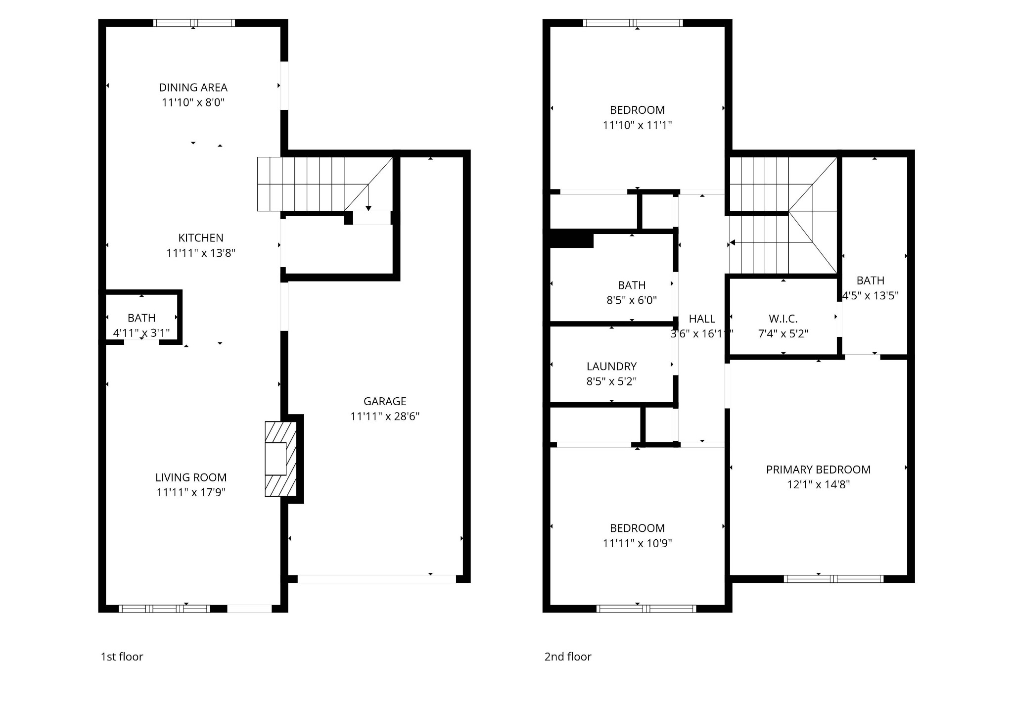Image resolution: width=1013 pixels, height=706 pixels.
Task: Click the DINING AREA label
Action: coord(193,88)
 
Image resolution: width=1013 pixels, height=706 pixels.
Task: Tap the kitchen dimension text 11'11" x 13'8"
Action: coord(201,253)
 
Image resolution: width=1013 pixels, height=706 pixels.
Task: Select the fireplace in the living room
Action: coord(280,459)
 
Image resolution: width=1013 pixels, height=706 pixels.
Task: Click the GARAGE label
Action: coord(385,401)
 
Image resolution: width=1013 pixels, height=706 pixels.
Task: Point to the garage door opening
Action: coord(376,579)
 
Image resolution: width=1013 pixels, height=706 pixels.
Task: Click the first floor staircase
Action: coord(317,184)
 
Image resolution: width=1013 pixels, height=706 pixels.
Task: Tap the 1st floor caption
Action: coord(122,657)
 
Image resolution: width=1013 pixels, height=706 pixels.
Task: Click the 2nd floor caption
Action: coord(568,657)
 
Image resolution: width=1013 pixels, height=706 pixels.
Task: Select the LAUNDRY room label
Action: coord(611,367)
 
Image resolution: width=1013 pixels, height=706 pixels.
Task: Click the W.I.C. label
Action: coord(783,319)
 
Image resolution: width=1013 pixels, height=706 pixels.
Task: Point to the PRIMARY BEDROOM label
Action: coord(818,470)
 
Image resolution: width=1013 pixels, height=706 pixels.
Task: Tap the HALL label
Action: coord(702,319)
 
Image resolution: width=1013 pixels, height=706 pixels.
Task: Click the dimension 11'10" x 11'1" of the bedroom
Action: coord(637,125)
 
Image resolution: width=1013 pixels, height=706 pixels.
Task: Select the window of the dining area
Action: coord(194,23)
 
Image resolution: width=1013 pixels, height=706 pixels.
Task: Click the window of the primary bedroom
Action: coord(833,579)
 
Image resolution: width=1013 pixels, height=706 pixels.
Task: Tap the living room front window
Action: coord(165,609)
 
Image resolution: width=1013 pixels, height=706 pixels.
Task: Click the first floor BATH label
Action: coord(141,318)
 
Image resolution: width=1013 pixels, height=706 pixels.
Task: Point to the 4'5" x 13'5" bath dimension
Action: coord(871,296)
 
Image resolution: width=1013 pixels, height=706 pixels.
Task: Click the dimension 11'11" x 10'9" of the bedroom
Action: coord(637,543)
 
